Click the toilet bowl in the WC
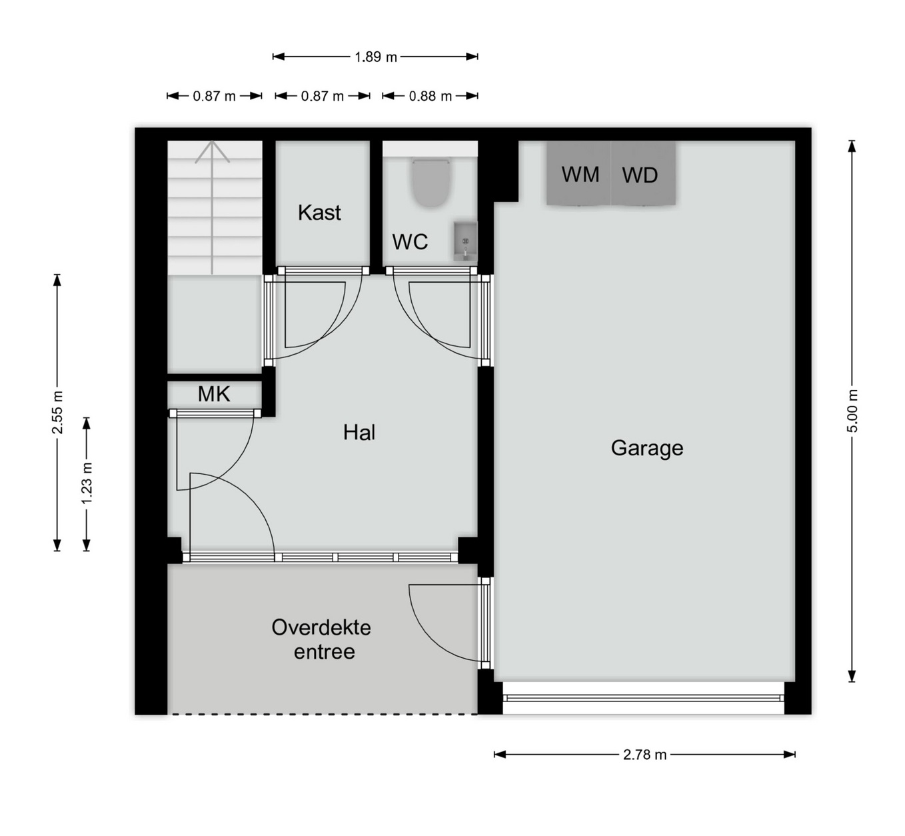(x=431, y=183)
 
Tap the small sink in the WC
(x=464, y=242)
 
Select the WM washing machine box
(x=578, y=173)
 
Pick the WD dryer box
(x=643, y=173)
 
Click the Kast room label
(x=319, y=213)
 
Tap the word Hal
(x=359, y=433)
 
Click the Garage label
(x=647, y=448)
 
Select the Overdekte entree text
(x=322, y=639)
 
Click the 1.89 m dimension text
(x=376, y=57)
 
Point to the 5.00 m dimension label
(x=852, y=411)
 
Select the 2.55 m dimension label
(x=57, y=412)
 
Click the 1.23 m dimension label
(x=87, y=483)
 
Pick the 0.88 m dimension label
(x=430, y=96)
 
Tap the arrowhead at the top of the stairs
(x=213, y=151)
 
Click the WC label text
(x=410, y=242)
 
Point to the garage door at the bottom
(x=644, y=698)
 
